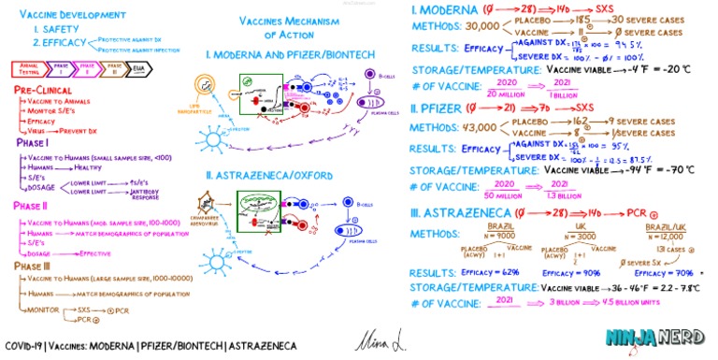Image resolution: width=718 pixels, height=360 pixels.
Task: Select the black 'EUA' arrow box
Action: point(138,67)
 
